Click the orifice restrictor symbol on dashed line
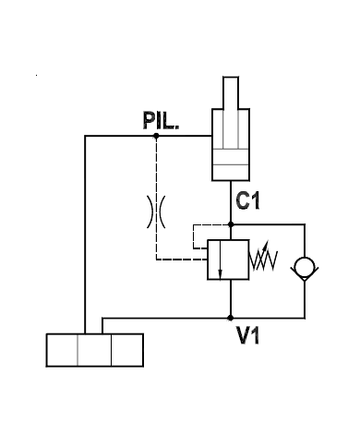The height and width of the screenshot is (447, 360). pyautogui.click(x=155, y=211)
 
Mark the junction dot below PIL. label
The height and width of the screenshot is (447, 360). pyautogui.click(x=155, y=137)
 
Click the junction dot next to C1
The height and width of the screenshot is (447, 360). pyautogui.click(x=230, y=223)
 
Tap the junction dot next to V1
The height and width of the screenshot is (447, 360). pyautogui.click(x=230, y=317)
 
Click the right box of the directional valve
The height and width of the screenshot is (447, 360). pyautogui.click(x=127, y=351)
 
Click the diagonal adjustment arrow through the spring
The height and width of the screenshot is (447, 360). pyautogui.click(x=265, y=258)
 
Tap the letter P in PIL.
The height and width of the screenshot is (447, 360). pyautogui.click(x=148, y=122)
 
